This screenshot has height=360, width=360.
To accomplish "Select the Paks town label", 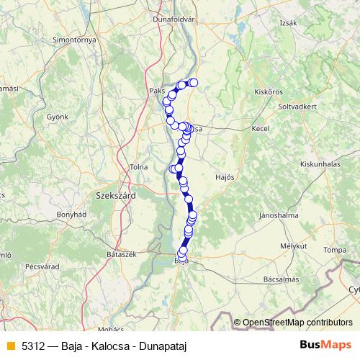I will (157, 92).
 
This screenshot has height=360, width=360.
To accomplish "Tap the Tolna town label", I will (138, 167).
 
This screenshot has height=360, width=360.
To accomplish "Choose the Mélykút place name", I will (294, 246).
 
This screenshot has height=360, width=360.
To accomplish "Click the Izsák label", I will (288, 23).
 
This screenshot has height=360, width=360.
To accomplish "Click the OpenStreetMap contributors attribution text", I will (297, 323).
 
